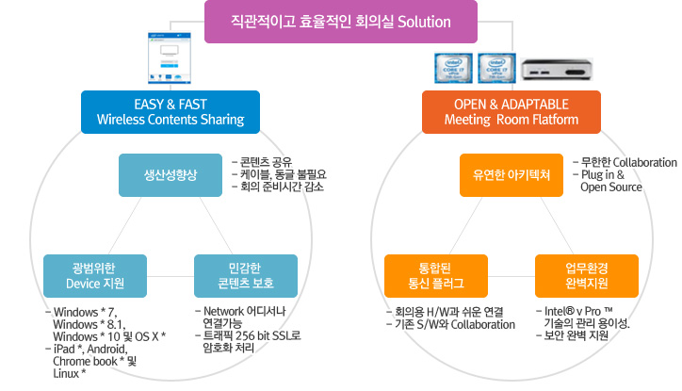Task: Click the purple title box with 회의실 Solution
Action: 341,22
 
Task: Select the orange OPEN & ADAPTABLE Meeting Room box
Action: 511,110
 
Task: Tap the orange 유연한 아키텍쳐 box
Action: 511,175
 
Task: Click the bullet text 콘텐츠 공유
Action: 268,160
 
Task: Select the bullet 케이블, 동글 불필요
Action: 283,173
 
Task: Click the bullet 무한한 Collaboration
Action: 627,161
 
